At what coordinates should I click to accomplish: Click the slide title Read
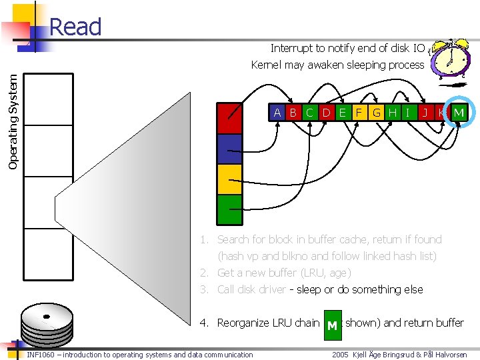[x=75, y=27]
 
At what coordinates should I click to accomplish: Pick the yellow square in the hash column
[x=229, y=179]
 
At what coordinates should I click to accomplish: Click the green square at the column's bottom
[x=229, y=209]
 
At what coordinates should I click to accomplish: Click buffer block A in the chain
[x=277, y=113]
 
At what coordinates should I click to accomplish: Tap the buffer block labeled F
[x=359, y=113]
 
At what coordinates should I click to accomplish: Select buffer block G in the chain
[x=377, y=113]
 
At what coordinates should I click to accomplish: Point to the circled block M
[x=459, y=113]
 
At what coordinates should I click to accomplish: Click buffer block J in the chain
[x=425, y=113]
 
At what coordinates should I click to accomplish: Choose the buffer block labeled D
[x=326, y=113]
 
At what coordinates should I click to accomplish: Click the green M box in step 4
[x=331, y=325]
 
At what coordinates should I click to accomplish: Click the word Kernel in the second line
[x=267, y=65]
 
